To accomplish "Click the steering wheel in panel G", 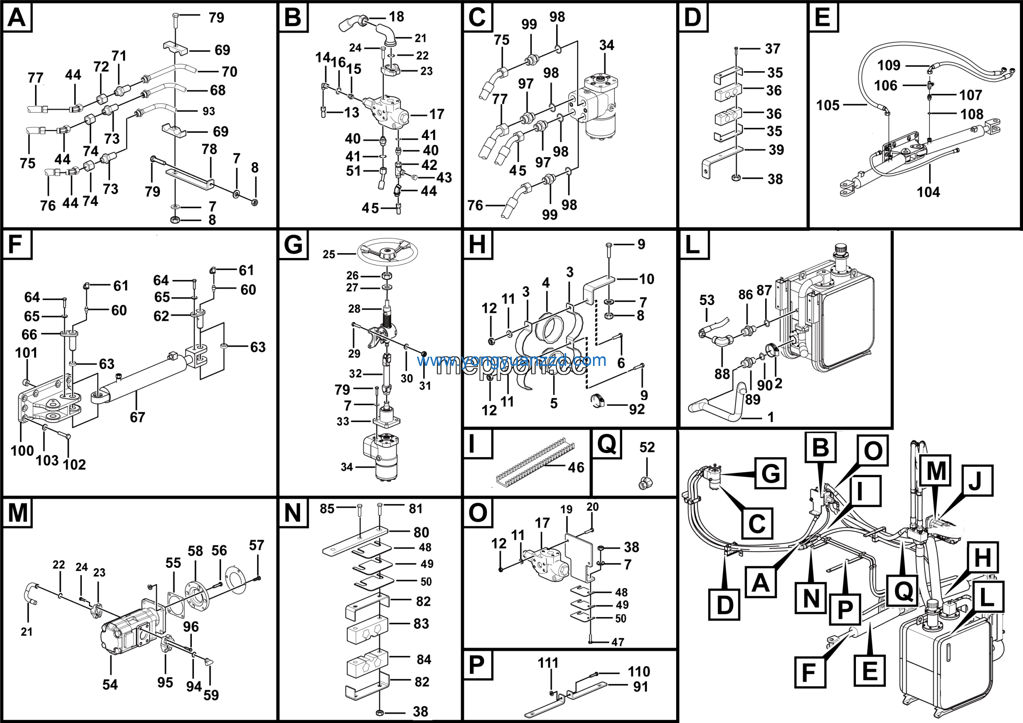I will coord(387,252).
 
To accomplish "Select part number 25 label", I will coord(329,254).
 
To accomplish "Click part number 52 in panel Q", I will coord(647,447).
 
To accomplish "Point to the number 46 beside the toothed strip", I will coord(576,467).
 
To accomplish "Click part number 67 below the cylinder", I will coord(137,417).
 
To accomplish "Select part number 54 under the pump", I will coord(110,685).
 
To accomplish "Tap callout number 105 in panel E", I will coord(828,106).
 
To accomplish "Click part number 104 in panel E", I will coord(928,192).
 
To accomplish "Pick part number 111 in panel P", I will coord(547,663).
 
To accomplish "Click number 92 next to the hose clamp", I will coord(637,409).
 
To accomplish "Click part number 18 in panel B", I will coord(396,17).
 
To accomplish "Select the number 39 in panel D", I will coord(776,150).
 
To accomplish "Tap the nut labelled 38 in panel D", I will coord(736,178).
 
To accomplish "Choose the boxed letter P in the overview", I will coord(845,609).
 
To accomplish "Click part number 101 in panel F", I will coord(26,353).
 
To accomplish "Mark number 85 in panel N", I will coord(327,509).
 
